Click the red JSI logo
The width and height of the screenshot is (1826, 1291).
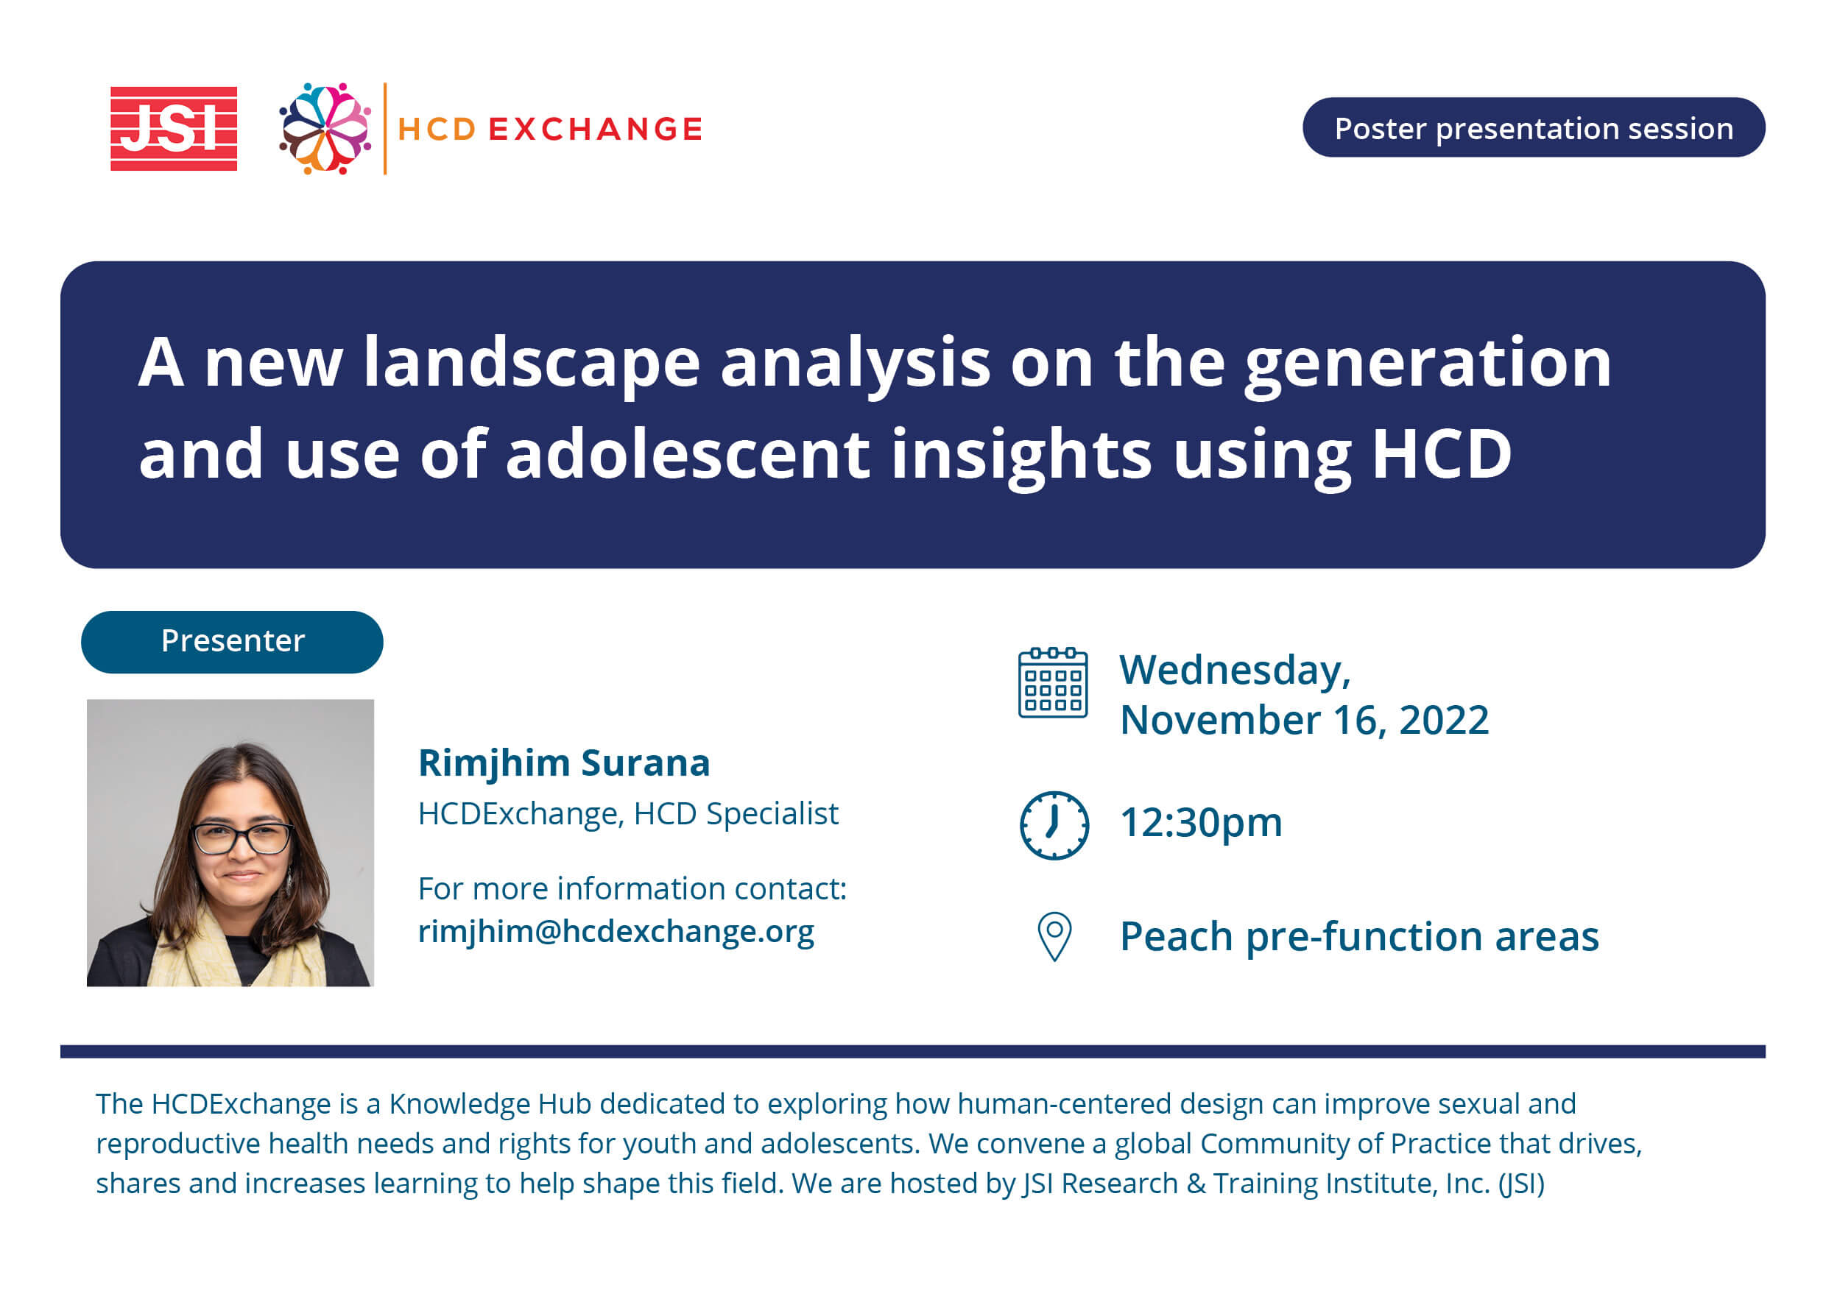click(x=173, y=129)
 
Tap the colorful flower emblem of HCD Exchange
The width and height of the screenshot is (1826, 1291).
click(x=325, y=129)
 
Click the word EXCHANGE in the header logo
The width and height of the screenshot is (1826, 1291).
click(x=596, y=129)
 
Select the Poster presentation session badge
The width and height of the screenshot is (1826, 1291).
click(x=1534, y=128)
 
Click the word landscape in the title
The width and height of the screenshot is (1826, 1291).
click(x=532, y=364)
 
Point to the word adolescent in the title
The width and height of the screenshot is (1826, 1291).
click(x=688, y=454)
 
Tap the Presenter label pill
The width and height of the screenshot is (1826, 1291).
click(x=232, y=642)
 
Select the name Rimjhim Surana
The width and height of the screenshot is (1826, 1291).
click(x=564, y=764)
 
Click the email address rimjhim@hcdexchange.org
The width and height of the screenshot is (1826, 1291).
click(x=616, y=931)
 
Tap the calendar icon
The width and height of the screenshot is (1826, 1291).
click(x=1053, y=683)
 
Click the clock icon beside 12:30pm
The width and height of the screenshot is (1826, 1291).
click(x=1054, y=825)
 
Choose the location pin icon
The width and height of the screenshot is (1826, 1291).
click(x=1054, y=936)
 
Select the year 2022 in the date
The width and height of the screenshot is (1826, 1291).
click(x=1445, y=721)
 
